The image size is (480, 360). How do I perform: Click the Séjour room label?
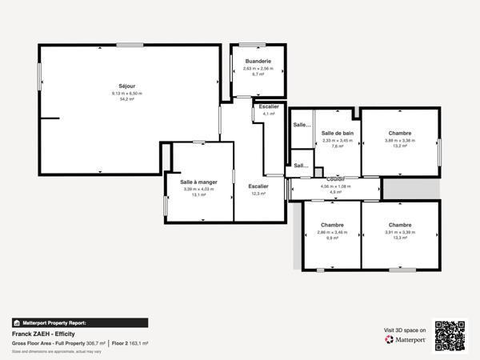(x=126, y=86)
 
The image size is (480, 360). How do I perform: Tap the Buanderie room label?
(x=258, y=62)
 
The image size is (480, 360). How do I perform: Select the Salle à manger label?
(x=198, y=182)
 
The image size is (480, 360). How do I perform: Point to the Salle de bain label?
(x=338, y=134)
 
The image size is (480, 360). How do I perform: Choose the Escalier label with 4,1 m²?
(x=269, y=106)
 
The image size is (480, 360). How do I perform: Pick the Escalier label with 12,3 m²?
(x=258, y=186)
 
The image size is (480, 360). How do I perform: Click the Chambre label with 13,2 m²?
(x=400, y=134)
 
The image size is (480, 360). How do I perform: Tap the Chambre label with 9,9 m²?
(x=332, y=225)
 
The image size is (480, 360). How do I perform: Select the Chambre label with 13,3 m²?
(x=400, y=225)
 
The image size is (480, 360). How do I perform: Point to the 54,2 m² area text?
(x=126, y=100)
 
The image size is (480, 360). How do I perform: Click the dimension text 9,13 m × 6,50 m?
(x=126, y=94)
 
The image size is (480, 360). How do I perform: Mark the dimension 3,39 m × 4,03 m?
(x=198, y=189)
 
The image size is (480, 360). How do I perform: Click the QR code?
(x=450, y=336)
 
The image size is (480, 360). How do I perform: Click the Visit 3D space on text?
(x=405, y=329)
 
